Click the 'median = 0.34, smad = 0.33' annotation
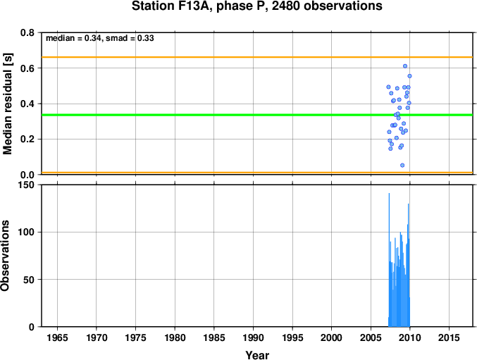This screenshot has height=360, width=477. (x=100, y=38)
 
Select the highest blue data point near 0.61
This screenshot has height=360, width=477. (x=405, y=66)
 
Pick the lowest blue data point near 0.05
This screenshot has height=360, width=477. (x=402, y=165)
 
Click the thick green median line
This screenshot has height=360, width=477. (x=257, y=115)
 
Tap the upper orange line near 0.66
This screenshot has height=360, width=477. (x=257, y=57)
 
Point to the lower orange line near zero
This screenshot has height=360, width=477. (x=257, y=173)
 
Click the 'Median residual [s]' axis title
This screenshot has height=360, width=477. (x=7, y=104)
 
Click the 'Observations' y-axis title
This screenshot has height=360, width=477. (x=5, y=256)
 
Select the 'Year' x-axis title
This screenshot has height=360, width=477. (x=257, y=355)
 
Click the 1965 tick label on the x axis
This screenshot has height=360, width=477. (x=58, y=337)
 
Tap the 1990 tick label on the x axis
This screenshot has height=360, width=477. (x=253, y=337)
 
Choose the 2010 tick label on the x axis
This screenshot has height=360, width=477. (x=410, y=337)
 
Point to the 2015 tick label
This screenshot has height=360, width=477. (x=449, y=337)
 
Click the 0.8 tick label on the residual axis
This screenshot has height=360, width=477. (x=27, y=32)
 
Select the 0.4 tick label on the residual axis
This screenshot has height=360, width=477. (x=27, y=104)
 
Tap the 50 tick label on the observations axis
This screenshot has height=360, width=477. (x=29, y=280)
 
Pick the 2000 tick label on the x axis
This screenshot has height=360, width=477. (x=332, y=337)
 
